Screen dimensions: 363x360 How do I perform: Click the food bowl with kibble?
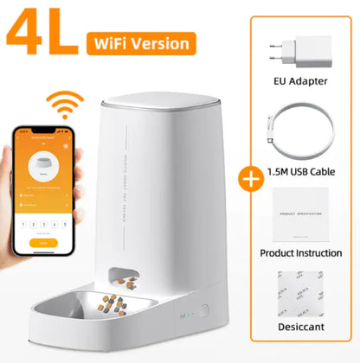(130, 302)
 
